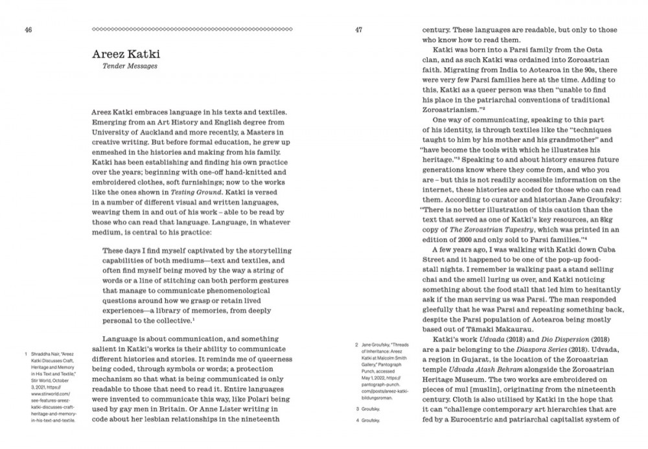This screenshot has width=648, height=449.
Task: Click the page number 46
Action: pos(29,29)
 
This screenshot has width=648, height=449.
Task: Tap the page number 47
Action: pos(358,29)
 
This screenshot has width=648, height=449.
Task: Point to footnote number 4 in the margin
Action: pos(357,420)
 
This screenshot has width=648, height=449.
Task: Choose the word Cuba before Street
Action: pos(602,251)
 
